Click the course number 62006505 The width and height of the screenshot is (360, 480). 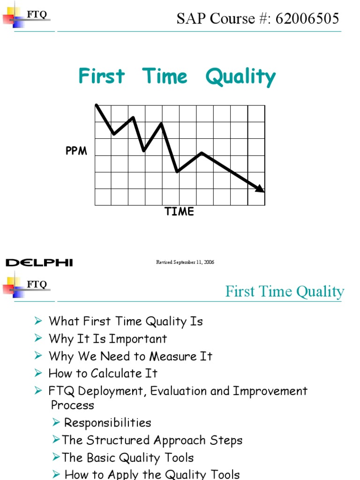pyautogui.click(x=308, y=19)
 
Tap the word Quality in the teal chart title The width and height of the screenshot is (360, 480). pyautogui.click(x=240, y=77)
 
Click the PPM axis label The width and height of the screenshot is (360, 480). pyautogui.click(x=76, y=151)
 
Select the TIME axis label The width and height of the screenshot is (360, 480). pyautogui.click(x=179, y=212)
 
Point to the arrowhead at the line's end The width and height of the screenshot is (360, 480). pyautogui.click(x=260, y=188)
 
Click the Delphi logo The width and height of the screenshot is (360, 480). pyautogui.click(x=39, y=262)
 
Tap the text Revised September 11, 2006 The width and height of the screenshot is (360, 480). pyautogui.click(x=185, y=262)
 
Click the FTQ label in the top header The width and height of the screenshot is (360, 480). pyautogui.click(x=37, y=15)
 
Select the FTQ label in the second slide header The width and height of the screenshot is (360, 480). pyautogui.click(x=37, y=284)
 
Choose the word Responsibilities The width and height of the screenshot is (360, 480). pyautogui.click(x=107, y=423)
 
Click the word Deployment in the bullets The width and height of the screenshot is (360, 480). pyautogui.click(x=112, y=391)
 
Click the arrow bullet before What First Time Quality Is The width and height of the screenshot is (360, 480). pyautogui.click(x=38, y=321)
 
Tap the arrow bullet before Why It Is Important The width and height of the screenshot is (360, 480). pyautogui.click(x=38, y=338)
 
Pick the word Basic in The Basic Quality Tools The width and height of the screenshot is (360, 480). pyautogui.click(x=102, y=458)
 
